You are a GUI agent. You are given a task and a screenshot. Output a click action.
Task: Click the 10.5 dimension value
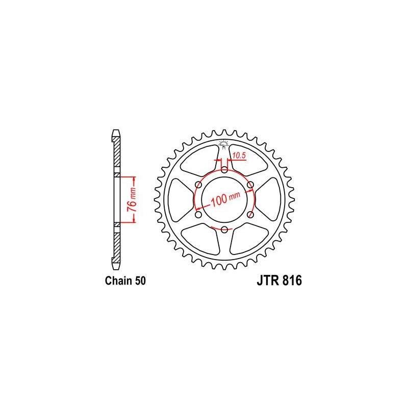(239, 154)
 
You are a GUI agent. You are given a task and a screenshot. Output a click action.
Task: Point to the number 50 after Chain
(140, 281)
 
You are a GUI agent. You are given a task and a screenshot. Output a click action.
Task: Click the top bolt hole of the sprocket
(224, 169)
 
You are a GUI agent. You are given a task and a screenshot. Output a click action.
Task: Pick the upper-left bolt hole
(198, 184)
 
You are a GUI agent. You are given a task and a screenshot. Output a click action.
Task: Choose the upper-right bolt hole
(251, 184)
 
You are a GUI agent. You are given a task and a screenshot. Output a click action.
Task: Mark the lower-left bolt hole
(198, 215)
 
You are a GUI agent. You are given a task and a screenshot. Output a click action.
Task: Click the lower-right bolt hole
(251, 215)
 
